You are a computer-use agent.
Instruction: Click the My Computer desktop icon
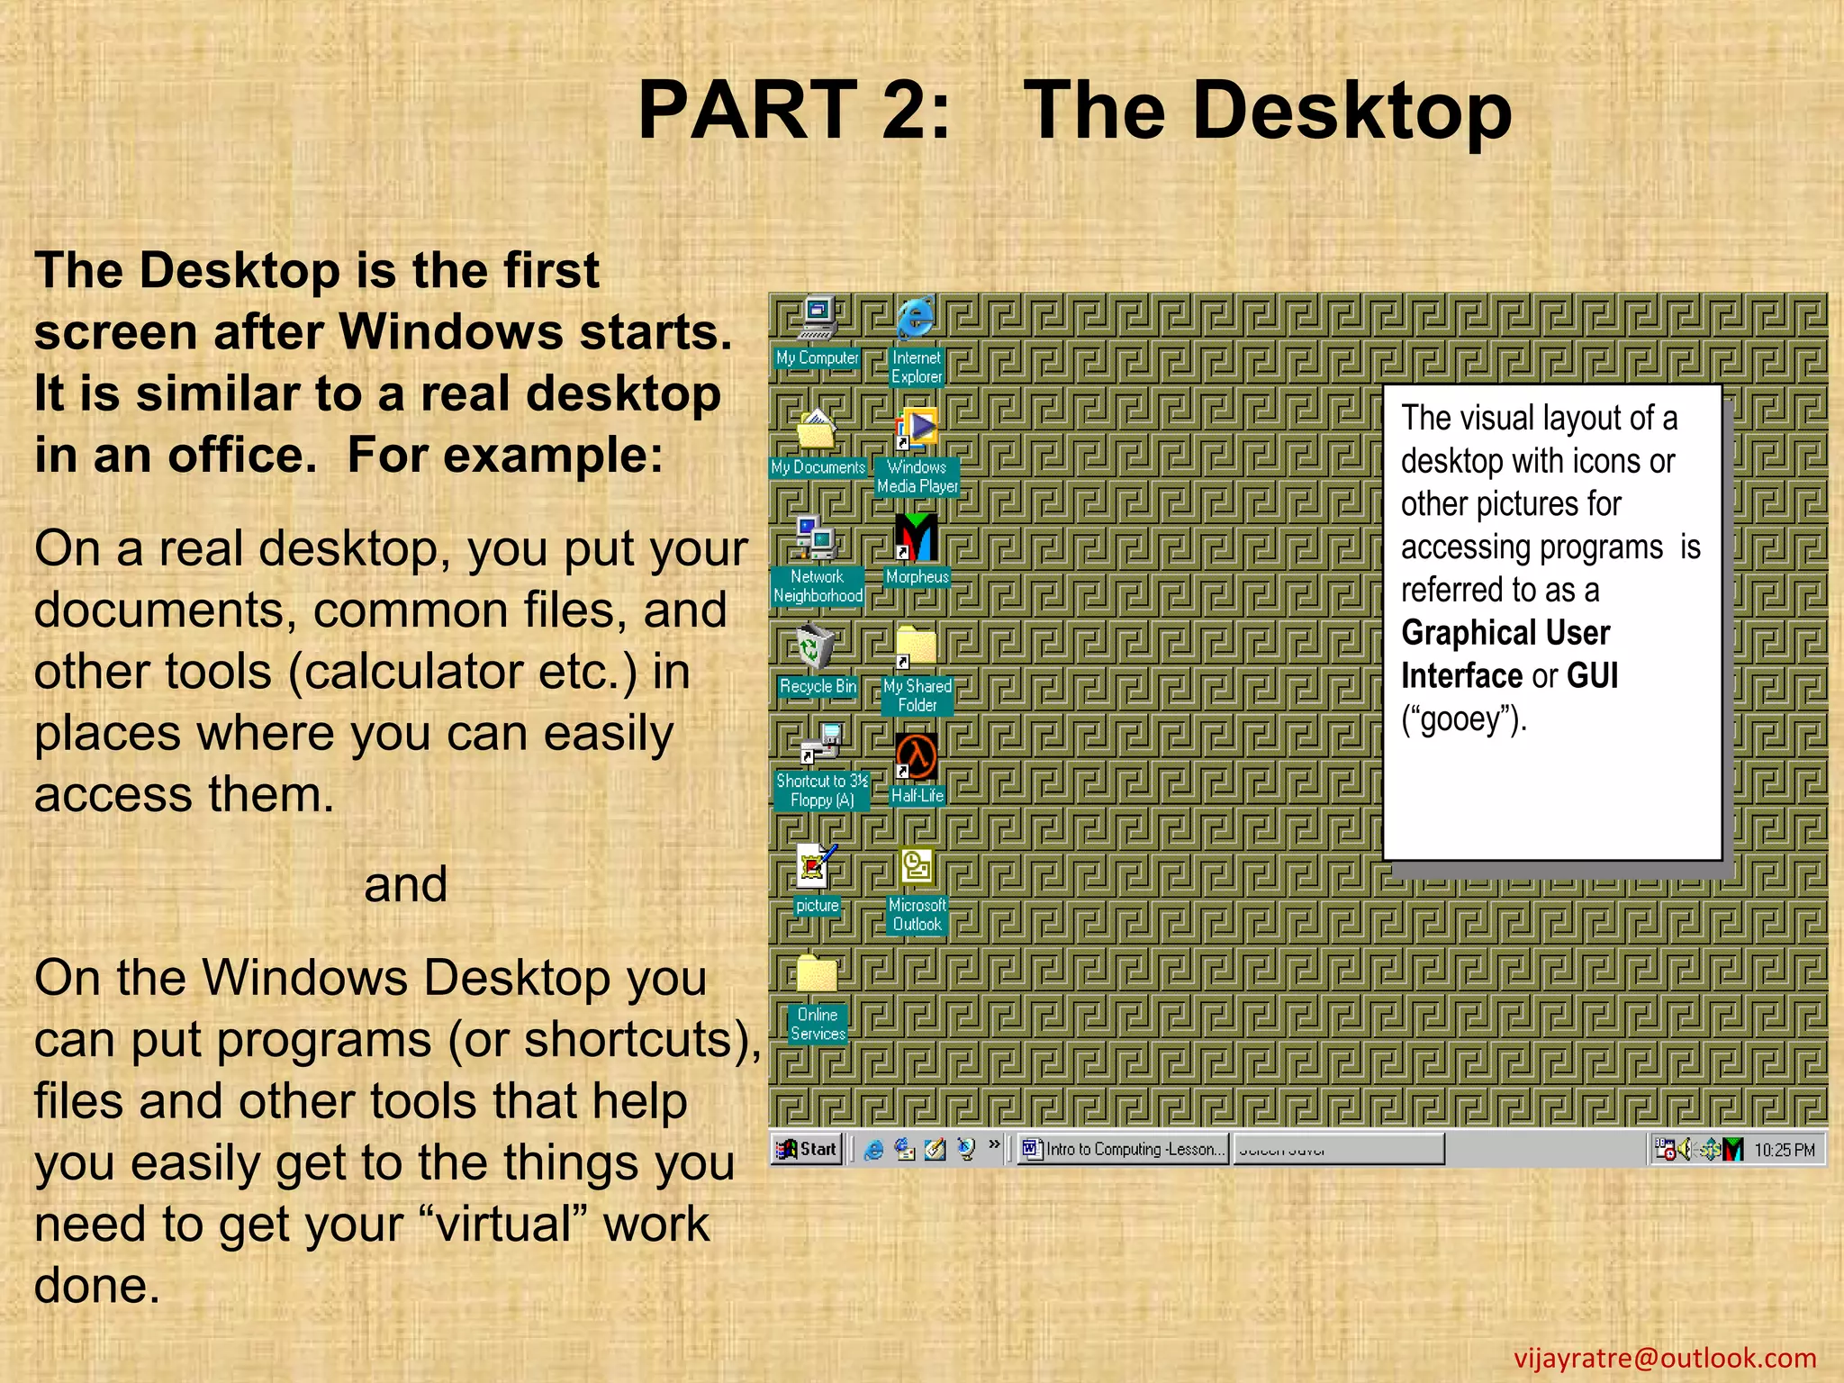point(818,320)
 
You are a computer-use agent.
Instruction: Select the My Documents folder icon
point(817,429)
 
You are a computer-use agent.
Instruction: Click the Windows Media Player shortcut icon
point(917,429)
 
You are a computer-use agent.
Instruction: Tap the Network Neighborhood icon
point(817,538)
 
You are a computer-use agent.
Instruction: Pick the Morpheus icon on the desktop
point(917,538)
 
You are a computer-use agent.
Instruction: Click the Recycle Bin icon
point(816,647)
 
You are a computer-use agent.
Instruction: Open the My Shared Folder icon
point(917,647)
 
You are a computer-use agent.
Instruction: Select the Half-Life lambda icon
point(917,756)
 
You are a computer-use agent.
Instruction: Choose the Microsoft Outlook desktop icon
point(917,867)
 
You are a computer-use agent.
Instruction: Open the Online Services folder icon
point(817,976)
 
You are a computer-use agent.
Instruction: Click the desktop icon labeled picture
point(817,866)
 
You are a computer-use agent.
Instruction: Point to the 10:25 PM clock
point(1784,1151)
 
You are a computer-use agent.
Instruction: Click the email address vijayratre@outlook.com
point(1665,1358)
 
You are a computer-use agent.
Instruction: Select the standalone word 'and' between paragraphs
point(405,884)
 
